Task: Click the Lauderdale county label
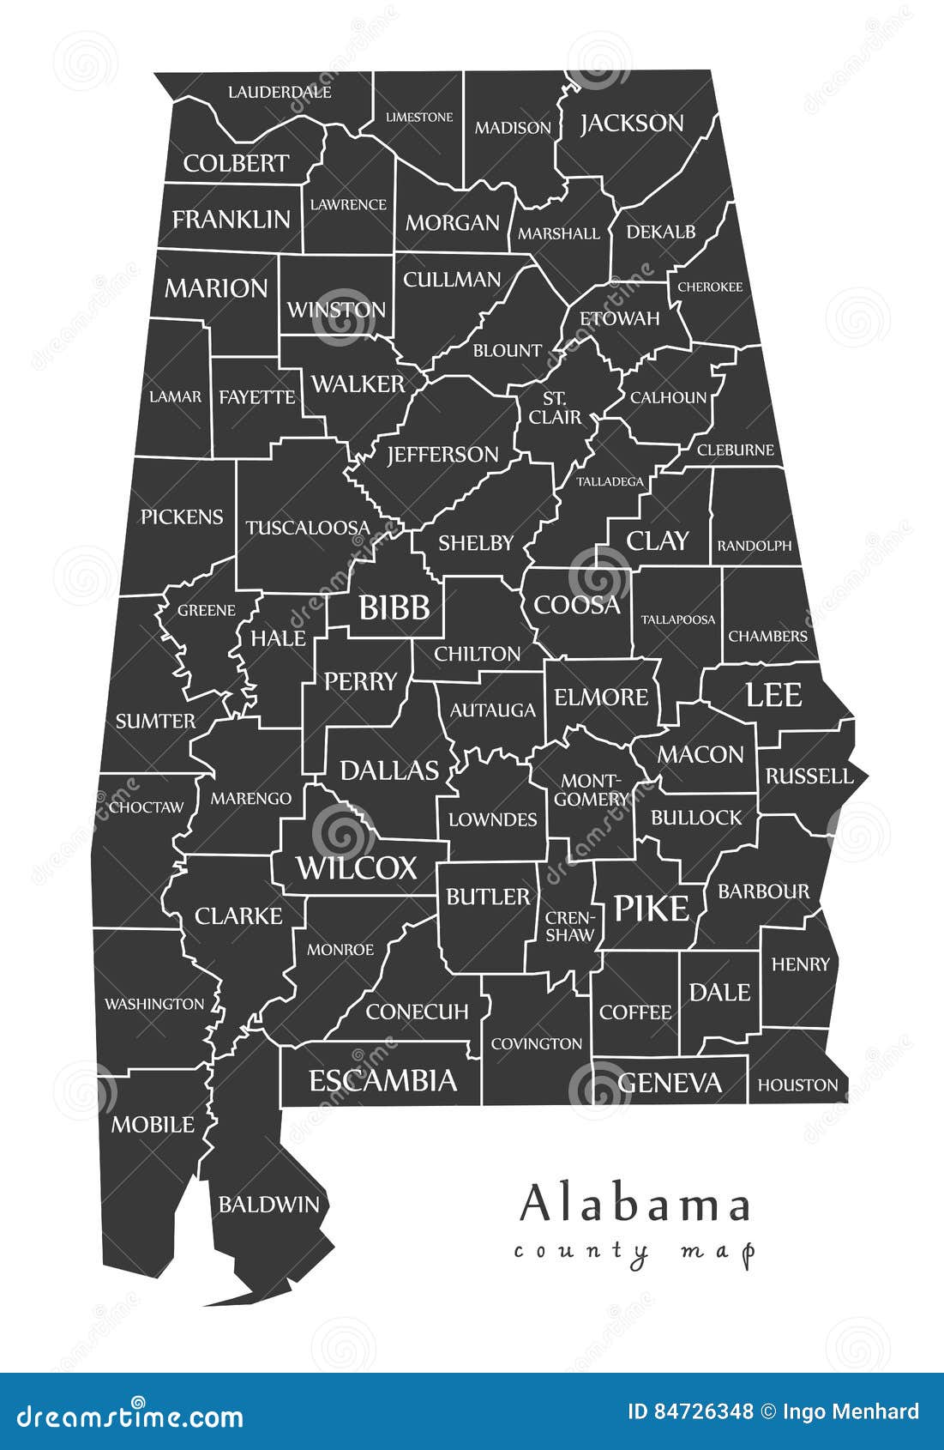point(280,92)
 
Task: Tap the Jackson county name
point(632,124)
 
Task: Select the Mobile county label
point(153,1124)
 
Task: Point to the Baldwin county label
point(268,1205)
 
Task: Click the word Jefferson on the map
point(442,454)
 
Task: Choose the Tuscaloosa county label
point(308,528)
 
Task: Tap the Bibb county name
point(394,607)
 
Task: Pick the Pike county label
point(652,909)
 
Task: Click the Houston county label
point(797,1085)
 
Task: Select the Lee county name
point(773,695)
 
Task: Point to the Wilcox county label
point(357,868)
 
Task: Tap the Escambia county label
point(382,1081)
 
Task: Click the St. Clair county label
point(555,408)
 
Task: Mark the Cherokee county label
point(710,287)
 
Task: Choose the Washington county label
point(154,1004)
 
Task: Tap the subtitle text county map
point(634,1252)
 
